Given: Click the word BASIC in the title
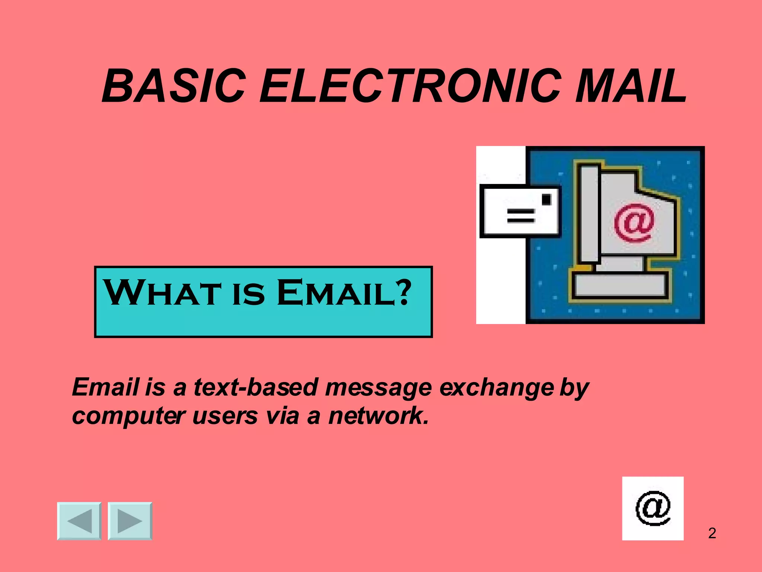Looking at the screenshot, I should click(173, 86).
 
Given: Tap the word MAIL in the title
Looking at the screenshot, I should click(630, 86).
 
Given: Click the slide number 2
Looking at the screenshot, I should click(712, 533).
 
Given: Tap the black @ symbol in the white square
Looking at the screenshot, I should click(653, 508).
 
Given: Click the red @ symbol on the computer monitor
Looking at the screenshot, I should click(634, 222).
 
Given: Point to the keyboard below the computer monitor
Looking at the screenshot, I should click(619, 285).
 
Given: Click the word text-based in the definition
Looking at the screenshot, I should click(256, 387).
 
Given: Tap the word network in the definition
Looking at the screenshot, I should click(378, 416).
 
